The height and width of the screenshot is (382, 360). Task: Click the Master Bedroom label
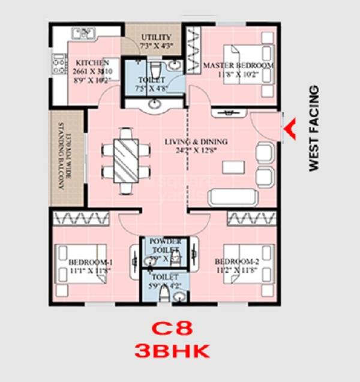tap(238, 65)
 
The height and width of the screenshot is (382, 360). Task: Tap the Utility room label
tap(156, 37)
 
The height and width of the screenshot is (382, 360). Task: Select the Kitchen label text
tap(92, 62)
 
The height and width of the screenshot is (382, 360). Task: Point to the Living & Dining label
tap(196, 142)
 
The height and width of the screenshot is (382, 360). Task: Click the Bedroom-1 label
tap(87, 262)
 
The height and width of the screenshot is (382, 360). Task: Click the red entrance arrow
tap(291, 129)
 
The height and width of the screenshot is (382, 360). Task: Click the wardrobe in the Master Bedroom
tap(194, 51)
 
